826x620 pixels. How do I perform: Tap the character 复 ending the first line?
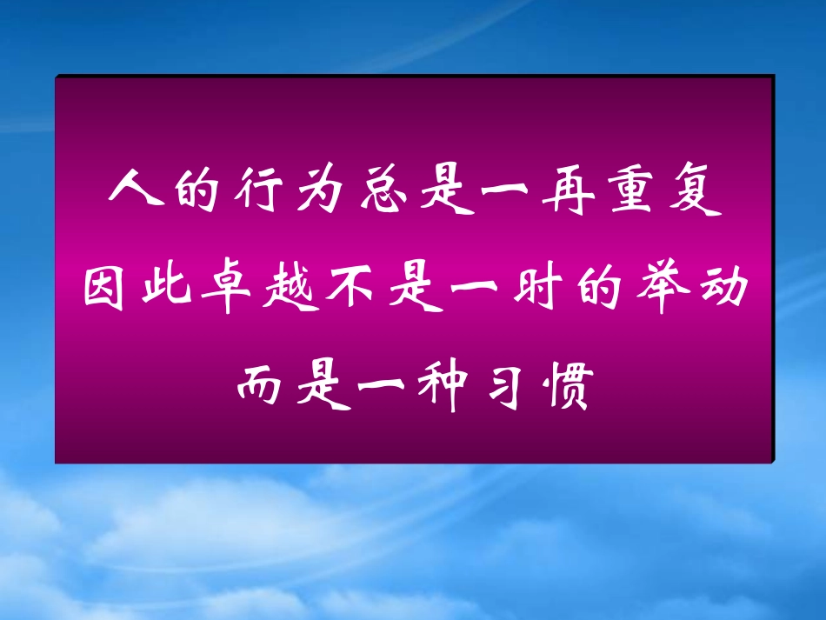(x=697, y=185)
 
